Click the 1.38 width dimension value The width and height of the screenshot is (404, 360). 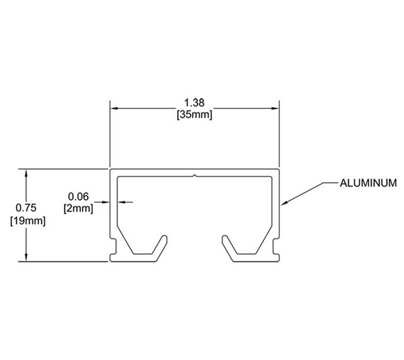click(x=195, y=102)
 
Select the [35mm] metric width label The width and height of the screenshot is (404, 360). click(x=195, y=115)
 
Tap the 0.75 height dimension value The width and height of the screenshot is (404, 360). click(x=26, y=208)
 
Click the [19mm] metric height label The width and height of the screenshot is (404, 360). click(x=28, y=221)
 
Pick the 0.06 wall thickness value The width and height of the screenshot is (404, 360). click(x=78, y=196)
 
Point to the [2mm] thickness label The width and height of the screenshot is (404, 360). click(x=78, y=208)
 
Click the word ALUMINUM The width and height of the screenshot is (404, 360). click(x=368, y=183)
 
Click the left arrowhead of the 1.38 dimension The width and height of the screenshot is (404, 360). click(x=114, y=109)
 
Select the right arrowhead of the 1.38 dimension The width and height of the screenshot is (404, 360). click(x=275, y=109)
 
